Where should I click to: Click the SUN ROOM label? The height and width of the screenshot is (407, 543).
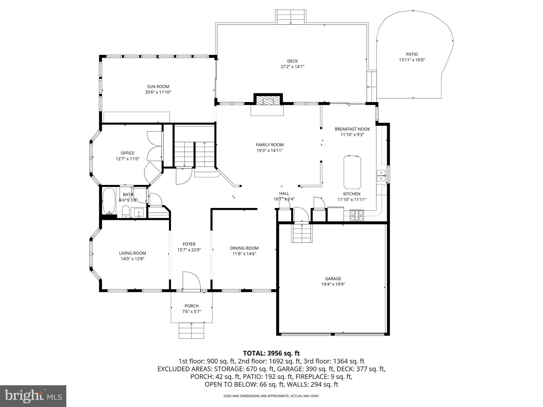point(158,87)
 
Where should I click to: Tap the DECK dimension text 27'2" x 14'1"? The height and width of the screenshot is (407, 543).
point(292,67)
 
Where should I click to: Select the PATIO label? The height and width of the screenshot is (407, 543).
point(412,54)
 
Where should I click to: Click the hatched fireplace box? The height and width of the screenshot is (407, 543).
point(268,101)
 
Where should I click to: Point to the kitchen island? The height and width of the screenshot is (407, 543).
point(352,172)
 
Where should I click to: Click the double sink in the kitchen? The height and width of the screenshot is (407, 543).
point(381,176)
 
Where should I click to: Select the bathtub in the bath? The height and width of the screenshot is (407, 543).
point(109,201)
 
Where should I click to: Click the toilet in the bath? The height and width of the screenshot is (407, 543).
point(125,211)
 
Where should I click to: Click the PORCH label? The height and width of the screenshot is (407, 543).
point(191,306)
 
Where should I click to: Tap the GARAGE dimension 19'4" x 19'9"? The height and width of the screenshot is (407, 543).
point(333,284)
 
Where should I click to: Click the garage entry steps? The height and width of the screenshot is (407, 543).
point(302,233)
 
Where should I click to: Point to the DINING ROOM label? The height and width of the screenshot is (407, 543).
point(244,248)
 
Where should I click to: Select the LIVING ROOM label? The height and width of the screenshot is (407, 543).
point(132,253)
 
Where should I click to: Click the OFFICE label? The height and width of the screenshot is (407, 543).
point(128,153)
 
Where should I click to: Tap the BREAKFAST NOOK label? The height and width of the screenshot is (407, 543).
point(352,129)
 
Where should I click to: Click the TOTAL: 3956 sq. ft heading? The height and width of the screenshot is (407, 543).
point(271,353)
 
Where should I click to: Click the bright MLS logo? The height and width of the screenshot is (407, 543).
point(33,396)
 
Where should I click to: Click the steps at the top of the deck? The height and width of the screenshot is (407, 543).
point(291,17)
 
